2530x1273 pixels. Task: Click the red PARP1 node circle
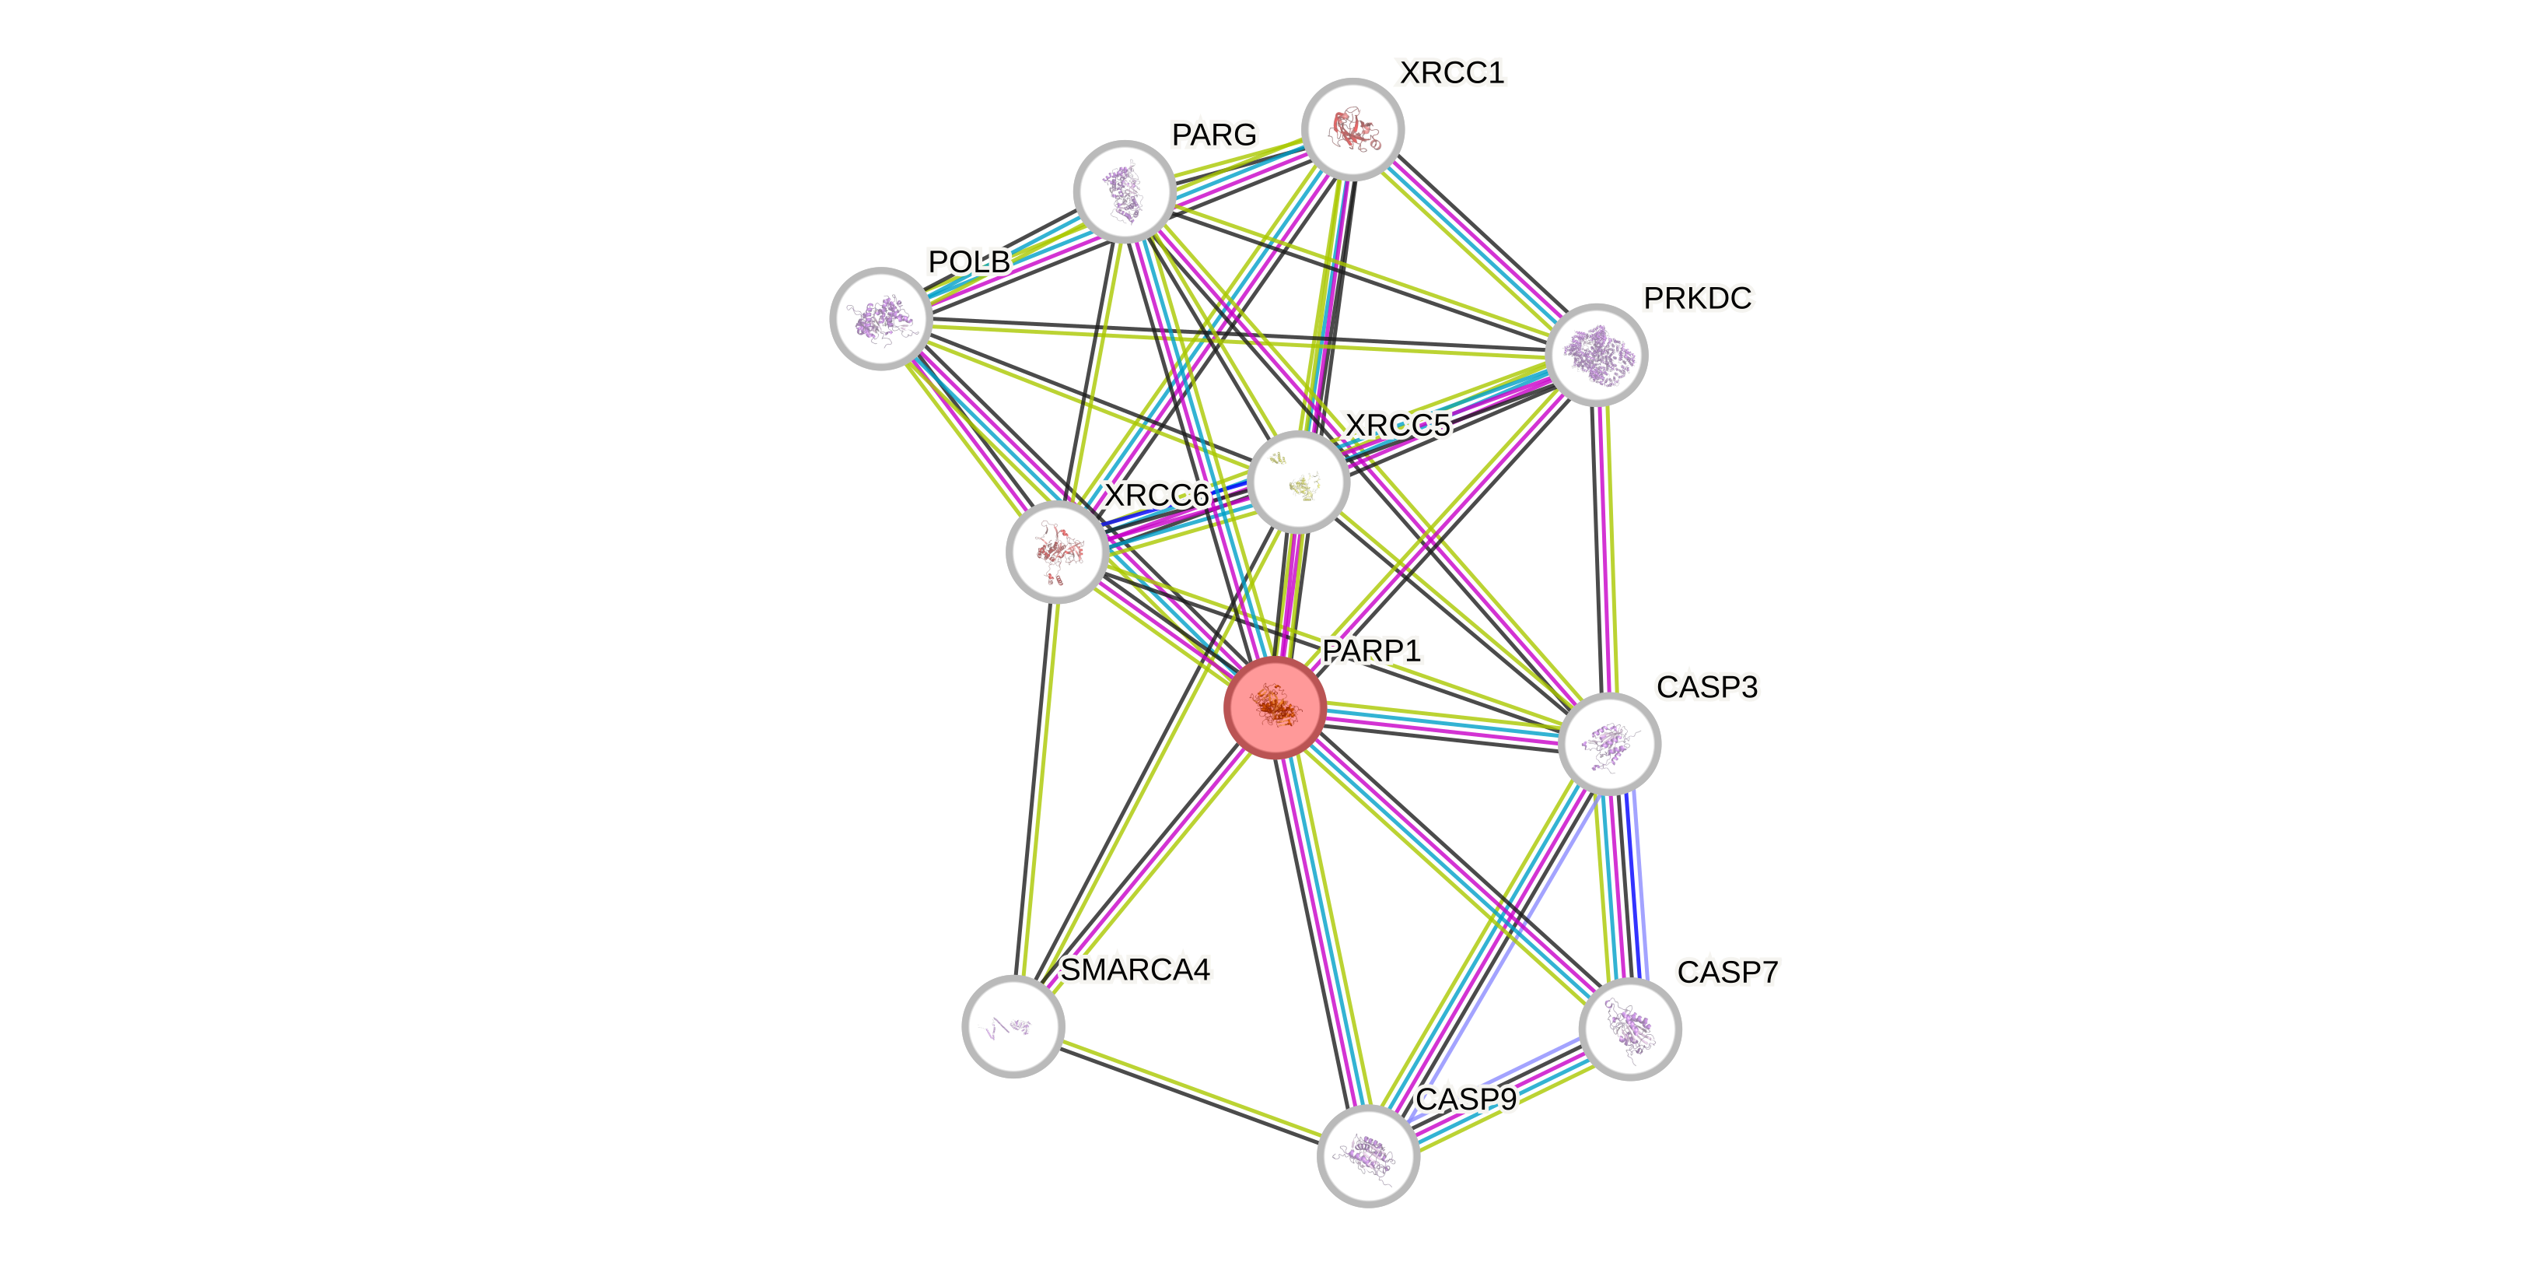tap(1275, 707)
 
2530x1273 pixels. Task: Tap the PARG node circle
tap(1125, 191)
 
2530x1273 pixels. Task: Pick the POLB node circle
tap(881, 318)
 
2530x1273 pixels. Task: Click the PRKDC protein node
tap(1596, 355)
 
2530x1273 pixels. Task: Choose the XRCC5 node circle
tap(1298, 482)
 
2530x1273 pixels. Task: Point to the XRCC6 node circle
tap(1057, 552)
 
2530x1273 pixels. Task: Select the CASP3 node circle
tap(1608, 744)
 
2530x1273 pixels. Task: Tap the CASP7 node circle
tap(1629, 1029)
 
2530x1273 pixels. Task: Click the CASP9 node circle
tap(1367, 1156)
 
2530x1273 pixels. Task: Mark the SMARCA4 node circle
tap(1013, 1026)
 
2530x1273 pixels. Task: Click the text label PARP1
tap(1371, 651)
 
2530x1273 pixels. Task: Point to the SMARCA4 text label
tap(1136, 970)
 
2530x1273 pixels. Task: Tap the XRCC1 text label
tap(1450, 72)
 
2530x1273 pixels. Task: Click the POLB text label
tap(968, 261)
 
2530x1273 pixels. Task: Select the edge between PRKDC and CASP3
tap(1603, 550)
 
